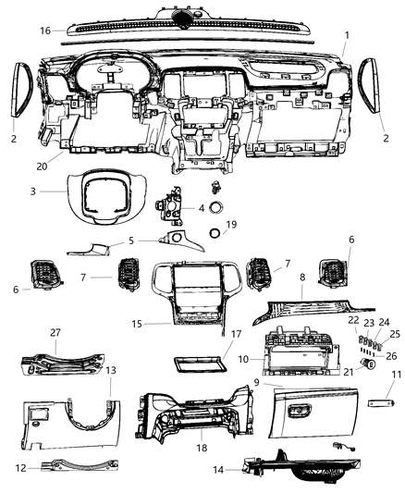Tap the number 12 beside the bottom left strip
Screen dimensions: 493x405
[x=20, y=467]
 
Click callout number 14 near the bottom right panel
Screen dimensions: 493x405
[x=218, y=469]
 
